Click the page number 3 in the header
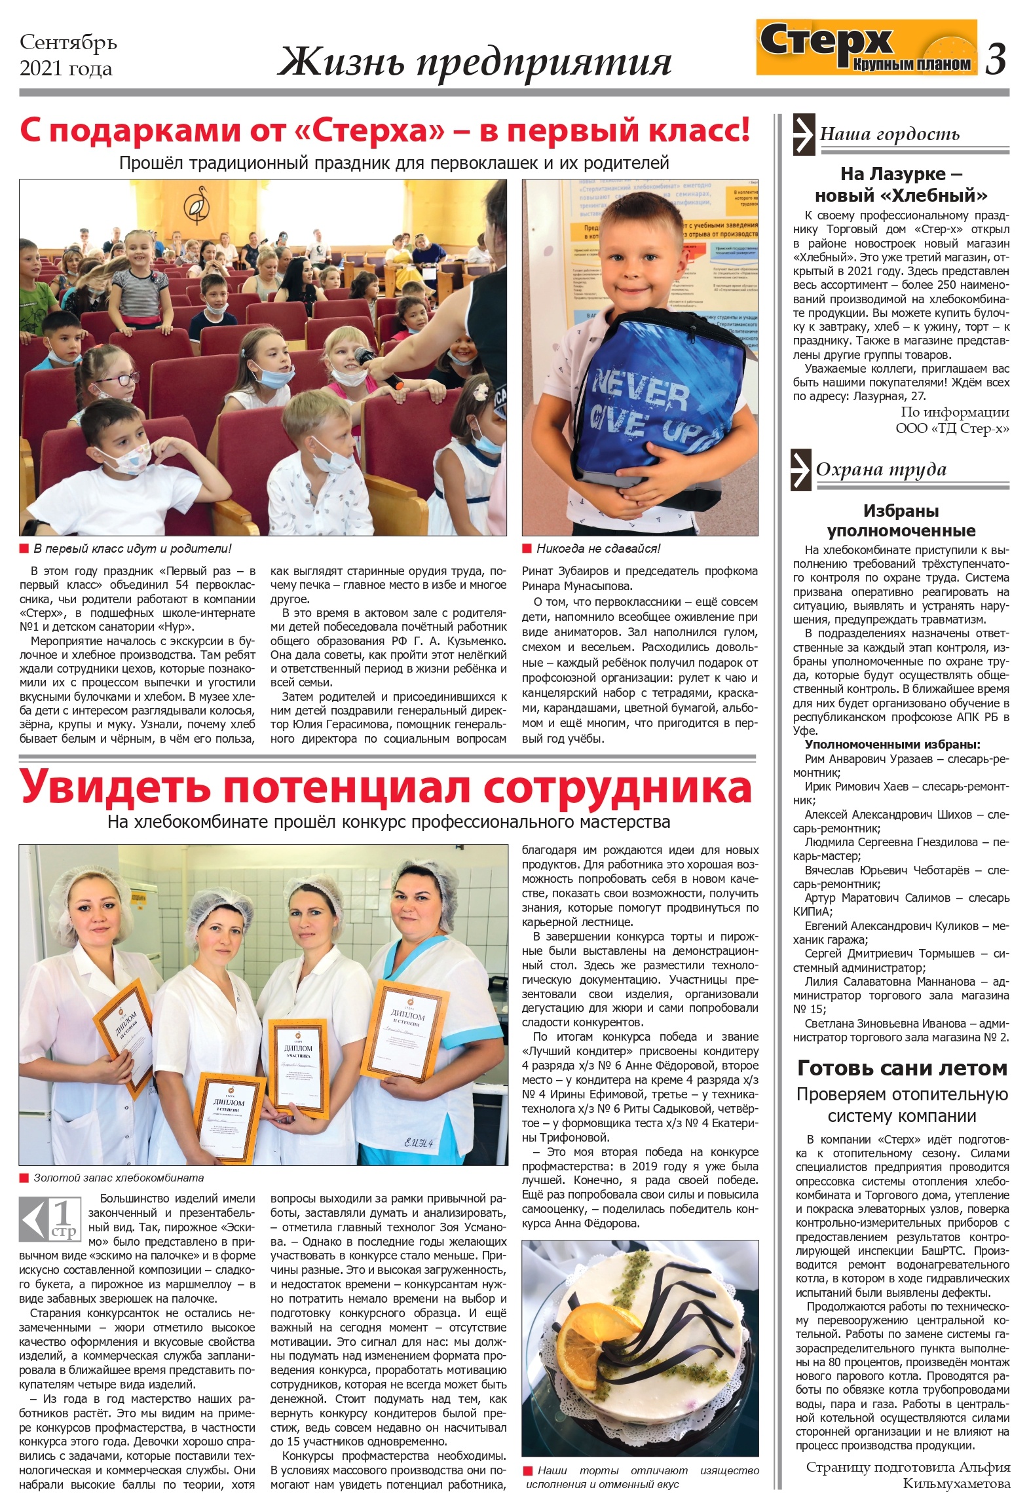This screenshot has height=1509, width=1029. (x=996, y=58)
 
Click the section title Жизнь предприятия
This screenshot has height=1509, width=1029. (x=474, y=63)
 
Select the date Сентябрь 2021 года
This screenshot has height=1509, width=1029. (x=68, y=55)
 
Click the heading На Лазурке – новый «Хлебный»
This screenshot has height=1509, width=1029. (x=901, y=185)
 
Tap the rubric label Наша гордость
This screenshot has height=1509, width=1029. (x=889, y=134)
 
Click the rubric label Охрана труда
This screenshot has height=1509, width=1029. (x=881, y=469)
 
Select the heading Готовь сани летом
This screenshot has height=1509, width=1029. (x=901, y=1068)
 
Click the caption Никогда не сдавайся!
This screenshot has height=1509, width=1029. (x=598, y=549)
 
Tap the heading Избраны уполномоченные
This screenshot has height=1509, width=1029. (x=901, y=520)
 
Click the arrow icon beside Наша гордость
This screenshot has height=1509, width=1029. (x=802, y=134)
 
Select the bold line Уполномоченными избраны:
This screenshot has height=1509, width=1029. (x=892, y=745)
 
